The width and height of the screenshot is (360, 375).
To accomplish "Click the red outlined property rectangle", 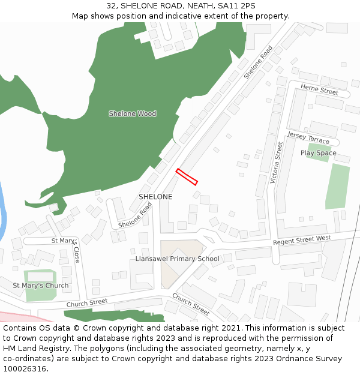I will point(187,177).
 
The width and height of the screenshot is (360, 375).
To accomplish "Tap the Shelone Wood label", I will point(132,113).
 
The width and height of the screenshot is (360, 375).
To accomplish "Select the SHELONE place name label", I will point(155,197).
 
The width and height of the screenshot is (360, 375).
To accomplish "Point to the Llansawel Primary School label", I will point(177,259).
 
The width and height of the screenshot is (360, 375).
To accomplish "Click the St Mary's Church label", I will point(41,285).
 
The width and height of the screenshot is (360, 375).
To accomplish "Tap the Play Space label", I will point(318,153).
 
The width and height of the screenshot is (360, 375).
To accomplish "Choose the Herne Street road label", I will point(319,90).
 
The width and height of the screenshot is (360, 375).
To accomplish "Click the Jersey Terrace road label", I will point(308,137).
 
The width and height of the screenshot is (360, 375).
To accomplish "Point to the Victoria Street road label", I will point(277,162).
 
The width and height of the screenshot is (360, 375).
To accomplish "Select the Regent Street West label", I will point(302,240).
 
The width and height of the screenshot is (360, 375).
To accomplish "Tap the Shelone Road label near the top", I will point(258,62).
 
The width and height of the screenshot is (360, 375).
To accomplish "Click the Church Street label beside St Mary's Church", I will point(87,302).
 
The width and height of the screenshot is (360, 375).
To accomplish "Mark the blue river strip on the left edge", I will point(3,210).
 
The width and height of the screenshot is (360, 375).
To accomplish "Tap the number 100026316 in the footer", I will point(25,368).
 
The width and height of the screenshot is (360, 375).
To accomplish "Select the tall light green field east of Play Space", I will point(338,187).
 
